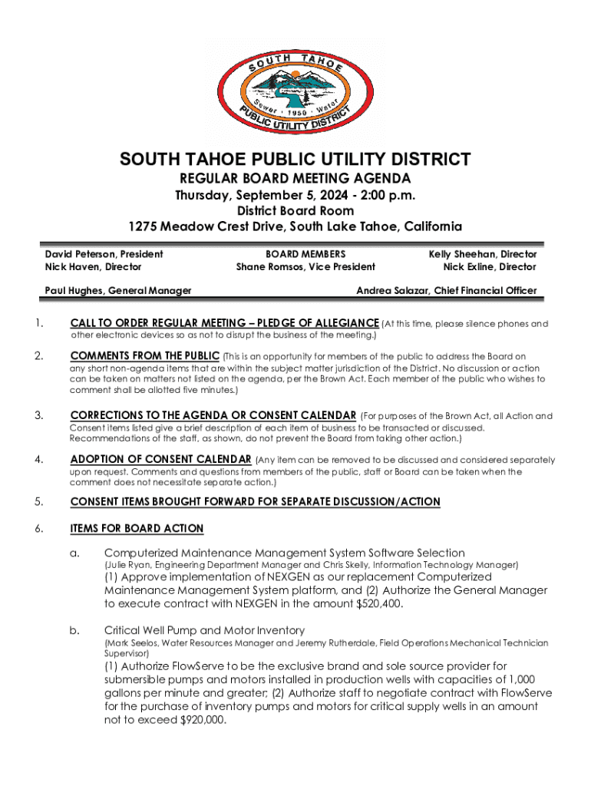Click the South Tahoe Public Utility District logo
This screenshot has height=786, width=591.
[x=295, y=84]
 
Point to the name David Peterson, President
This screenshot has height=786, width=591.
[x=104, y=253]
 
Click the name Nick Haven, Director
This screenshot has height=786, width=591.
[x=93, y=267]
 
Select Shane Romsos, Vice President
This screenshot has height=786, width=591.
[x=305, y=267]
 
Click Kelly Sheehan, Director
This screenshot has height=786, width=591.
[x=482, y=253]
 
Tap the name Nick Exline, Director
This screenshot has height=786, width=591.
[x=489, y=267]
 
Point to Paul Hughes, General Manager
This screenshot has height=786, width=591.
[x=117, y=290]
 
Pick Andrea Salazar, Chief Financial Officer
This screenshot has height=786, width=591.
[x=447, y=290]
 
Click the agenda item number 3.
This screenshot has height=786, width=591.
[x=38, y=416]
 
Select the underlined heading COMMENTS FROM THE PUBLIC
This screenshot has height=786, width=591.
[x=145, y=356]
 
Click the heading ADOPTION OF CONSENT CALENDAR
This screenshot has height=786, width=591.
[x=161, y=460]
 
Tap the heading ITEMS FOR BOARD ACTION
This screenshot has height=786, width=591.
[x=137, y=528]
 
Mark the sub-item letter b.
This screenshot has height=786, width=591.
[x=75, y=630]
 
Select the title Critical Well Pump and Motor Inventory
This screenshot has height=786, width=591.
[x=204, y=630]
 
